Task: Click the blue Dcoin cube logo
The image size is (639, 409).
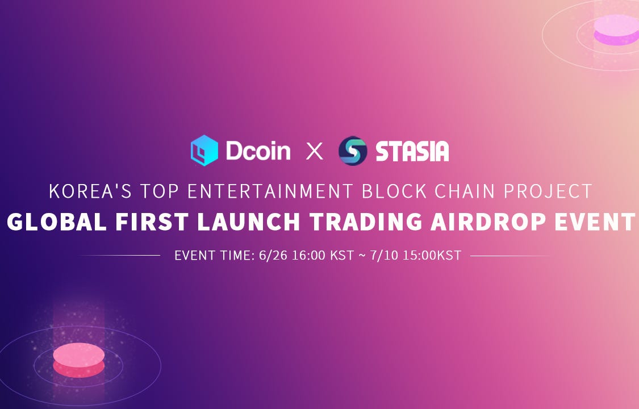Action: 204,151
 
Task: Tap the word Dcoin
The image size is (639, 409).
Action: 258,151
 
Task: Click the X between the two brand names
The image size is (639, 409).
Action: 314,151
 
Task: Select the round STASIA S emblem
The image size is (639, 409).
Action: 353,151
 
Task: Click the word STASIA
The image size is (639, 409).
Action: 412,151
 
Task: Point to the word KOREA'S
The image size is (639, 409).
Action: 90,191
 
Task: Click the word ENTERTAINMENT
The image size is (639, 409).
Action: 270,191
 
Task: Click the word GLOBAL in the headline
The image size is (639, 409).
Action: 57,222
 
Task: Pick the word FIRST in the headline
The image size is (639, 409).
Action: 152,222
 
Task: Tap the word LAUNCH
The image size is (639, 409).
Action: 249,222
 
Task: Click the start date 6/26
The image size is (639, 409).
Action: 273,256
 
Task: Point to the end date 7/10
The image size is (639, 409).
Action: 385,256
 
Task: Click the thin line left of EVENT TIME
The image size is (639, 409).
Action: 119,256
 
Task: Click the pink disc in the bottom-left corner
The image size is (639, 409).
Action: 78,360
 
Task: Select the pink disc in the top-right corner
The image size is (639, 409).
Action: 616,30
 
